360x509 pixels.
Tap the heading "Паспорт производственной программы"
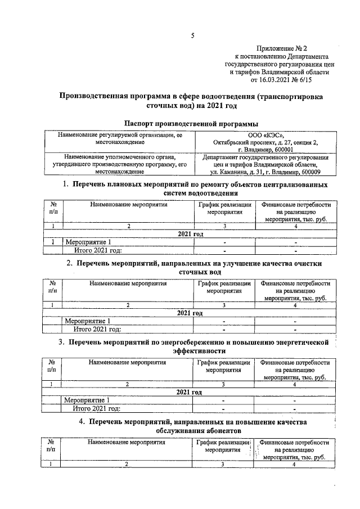(x=191, y=123)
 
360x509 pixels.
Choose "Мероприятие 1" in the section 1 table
(x=90, y=242)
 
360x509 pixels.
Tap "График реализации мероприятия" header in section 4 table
(x=223, y=446)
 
